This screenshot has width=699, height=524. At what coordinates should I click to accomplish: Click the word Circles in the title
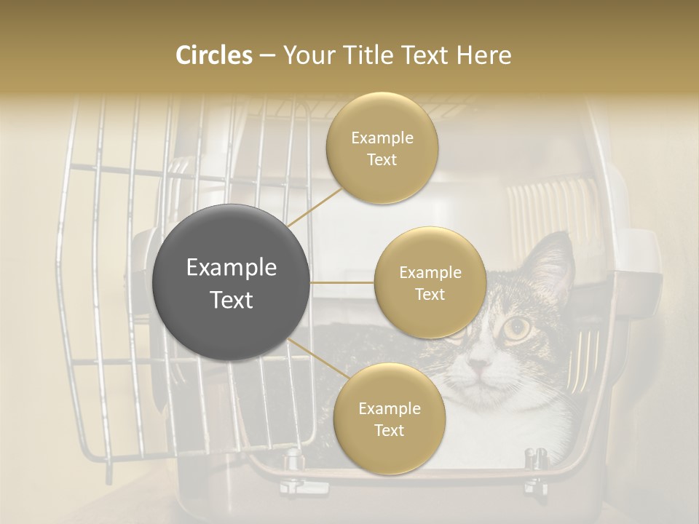[x=213, y=55]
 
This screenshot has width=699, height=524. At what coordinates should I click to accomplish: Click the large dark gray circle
[x=232, y=282]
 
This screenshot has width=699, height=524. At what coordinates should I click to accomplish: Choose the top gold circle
[x=382, y=148]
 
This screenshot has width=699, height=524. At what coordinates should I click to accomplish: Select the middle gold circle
[x=430, y=282]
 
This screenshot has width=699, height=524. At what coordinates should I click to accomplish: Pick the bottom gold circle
[x=389, y=418]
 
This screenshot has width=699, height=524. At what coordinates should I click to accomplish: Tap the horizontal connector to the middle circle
[x=342, y=282]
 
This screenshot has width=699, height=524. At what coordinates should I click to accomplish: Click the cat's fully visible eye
[x=516, y=328]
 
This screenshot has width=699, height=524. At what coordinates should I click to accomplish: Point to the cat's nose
[x=477, y=362]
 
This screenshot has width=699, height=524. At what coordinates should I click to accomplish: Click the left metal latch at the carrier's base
[x=293, y=460]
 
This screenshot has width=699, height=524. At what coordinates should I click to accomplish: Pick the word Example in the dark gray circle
[x=232, y=268]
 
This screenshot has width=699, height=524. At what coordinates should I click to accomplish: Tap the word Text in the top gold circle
[x=382, y=159]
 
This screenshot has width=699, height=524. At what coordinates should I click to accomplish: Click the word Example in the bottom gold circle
[x=389, y=408]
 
